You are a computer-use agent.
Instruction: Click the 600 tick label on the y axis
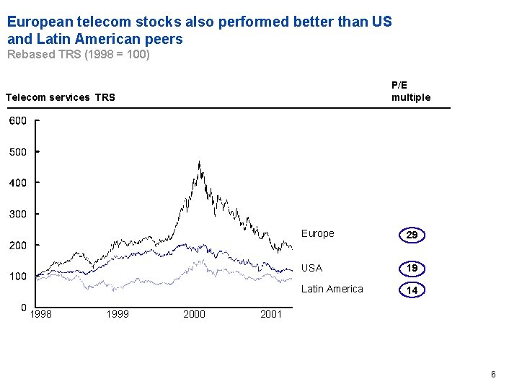(17, 121)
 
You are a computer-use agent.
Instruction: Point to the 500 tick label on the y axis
(17, 152)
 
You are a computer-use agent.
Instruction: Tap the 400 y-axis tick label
(17, 183)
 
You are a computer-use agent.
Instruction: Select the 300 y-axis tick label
(17, 214)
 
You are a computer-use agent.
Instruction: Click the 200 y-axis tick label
(17, 246)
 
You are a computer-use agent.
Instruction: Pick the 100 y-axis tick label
(17, 277)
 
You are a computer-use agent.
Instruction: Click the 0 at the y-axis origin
(24, 308)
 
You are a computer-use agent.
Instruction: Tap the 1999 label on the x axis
(117, 314)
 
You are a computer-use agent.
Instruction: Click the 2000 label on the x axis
(194, 314)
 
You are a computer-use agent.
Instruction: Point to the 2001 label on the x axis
(270, 314)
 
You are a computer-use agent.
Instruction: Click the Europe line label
(317, 233)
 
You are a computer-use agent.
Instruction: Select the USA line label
(311, 268)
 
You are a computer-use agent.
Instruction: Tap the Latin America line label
(332, 289)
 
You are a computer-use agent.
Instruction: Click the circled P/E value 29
(412, 236)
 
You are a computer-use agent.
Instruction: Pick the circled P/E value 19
(412, 269)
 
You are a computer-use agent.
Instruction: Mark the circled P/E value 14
(412, 290)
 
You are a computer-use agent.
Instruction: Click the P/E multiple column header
(410, 91)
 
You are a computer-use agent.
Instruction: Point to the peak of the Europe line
(199, 162)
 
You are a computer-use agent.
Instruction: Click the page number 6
(493, 374)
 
